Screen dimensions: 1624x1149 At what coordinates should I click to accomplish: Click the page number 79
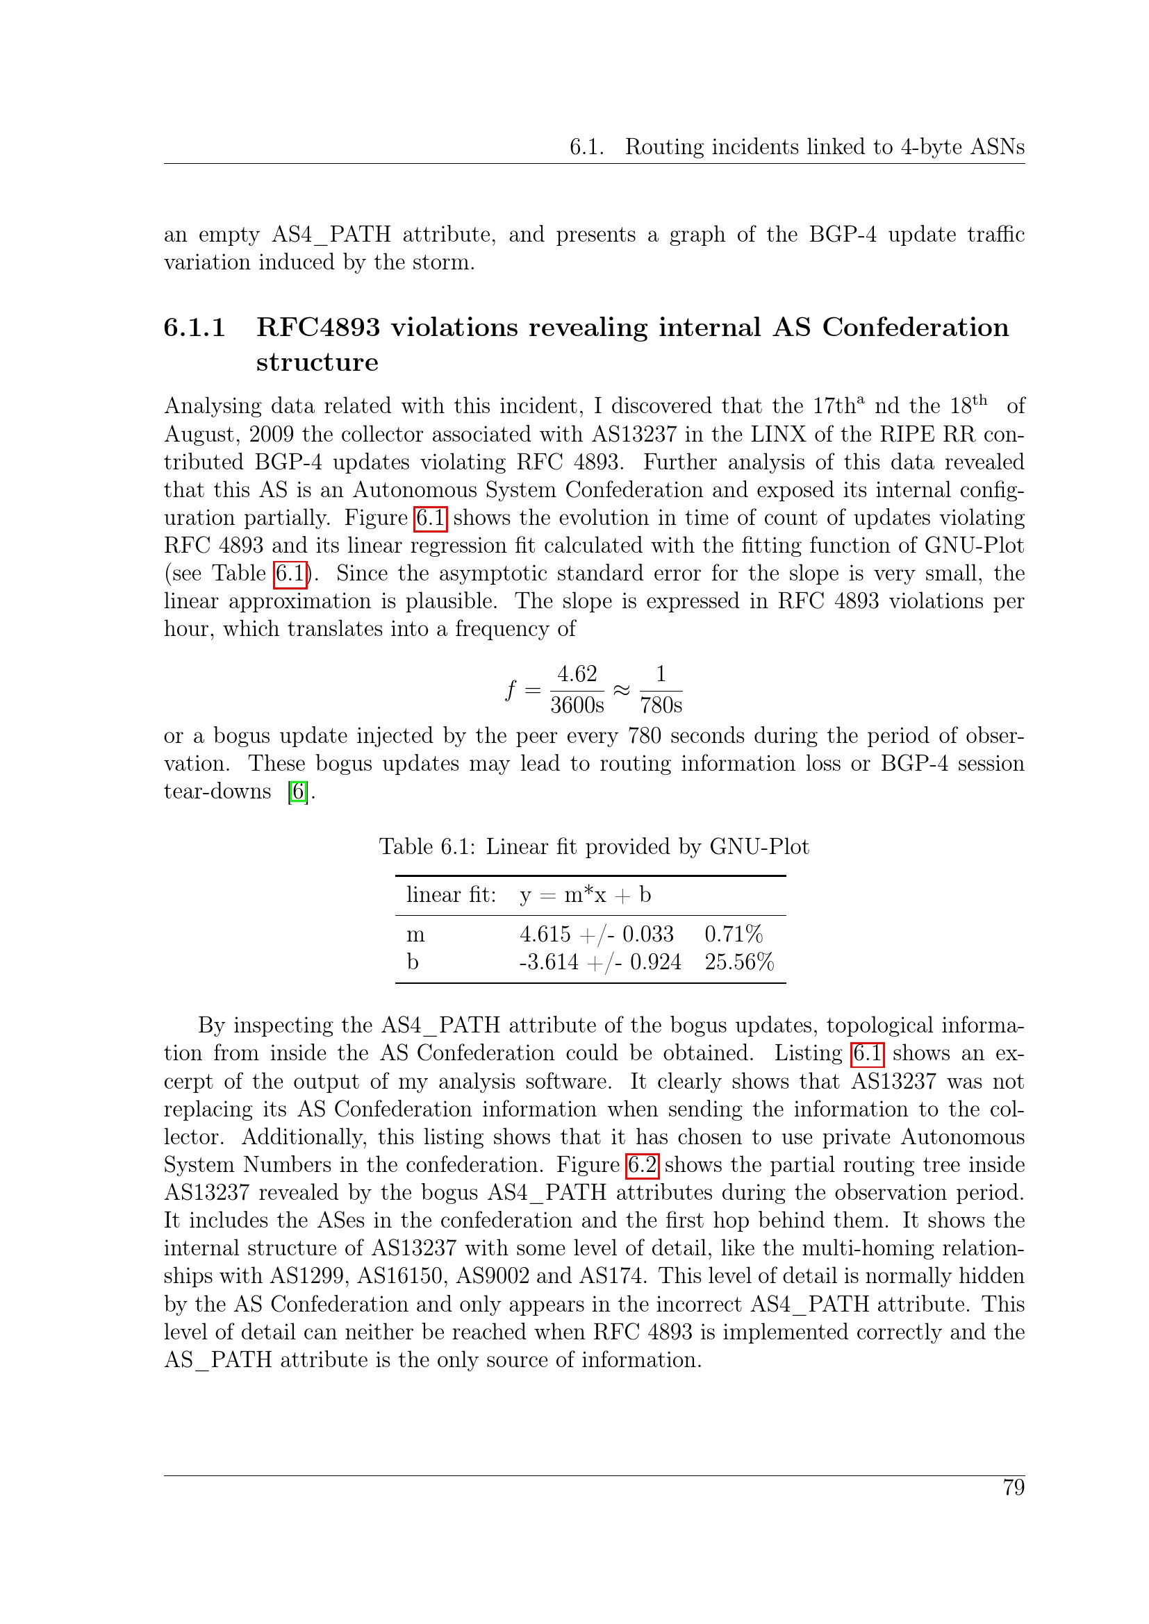coord(1013,1487)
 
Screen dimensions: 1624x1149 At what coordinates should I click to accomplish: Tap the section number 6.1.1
coord(195,328)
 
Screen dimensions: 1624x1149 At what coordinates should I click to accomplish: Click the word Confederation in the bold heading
coord(915,328)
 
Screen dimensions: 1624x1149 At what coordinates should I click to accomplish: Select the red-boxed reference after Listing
coord(867,1053)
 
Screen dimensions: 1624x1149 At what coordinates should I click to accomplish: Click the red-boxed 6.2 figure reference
coord(643,1165)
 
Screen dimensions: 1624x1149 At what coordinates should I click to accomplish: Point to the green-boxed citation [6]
coord(299,792)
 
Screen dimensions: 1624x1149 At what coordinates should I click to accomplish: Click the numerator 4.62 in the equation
coord(577,674)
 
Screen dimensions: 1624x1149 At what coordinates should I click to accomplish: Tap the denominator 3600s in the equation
coord(577,705)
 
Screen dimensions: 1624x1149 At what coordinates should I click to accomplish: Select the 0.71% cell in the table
coord(733,935)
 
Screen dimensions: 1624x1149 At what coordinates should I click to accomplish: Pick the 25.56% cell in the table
coord(738,962)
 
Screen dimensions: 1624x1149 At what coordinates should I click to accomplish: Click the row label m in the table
coord(415,935)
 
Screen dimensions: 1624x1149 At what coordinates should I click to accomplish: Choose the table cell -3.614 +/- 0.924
coord(600,962)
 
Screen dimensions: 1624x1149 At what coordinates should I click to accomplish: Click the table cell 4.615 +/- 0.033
coord(597,935)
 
